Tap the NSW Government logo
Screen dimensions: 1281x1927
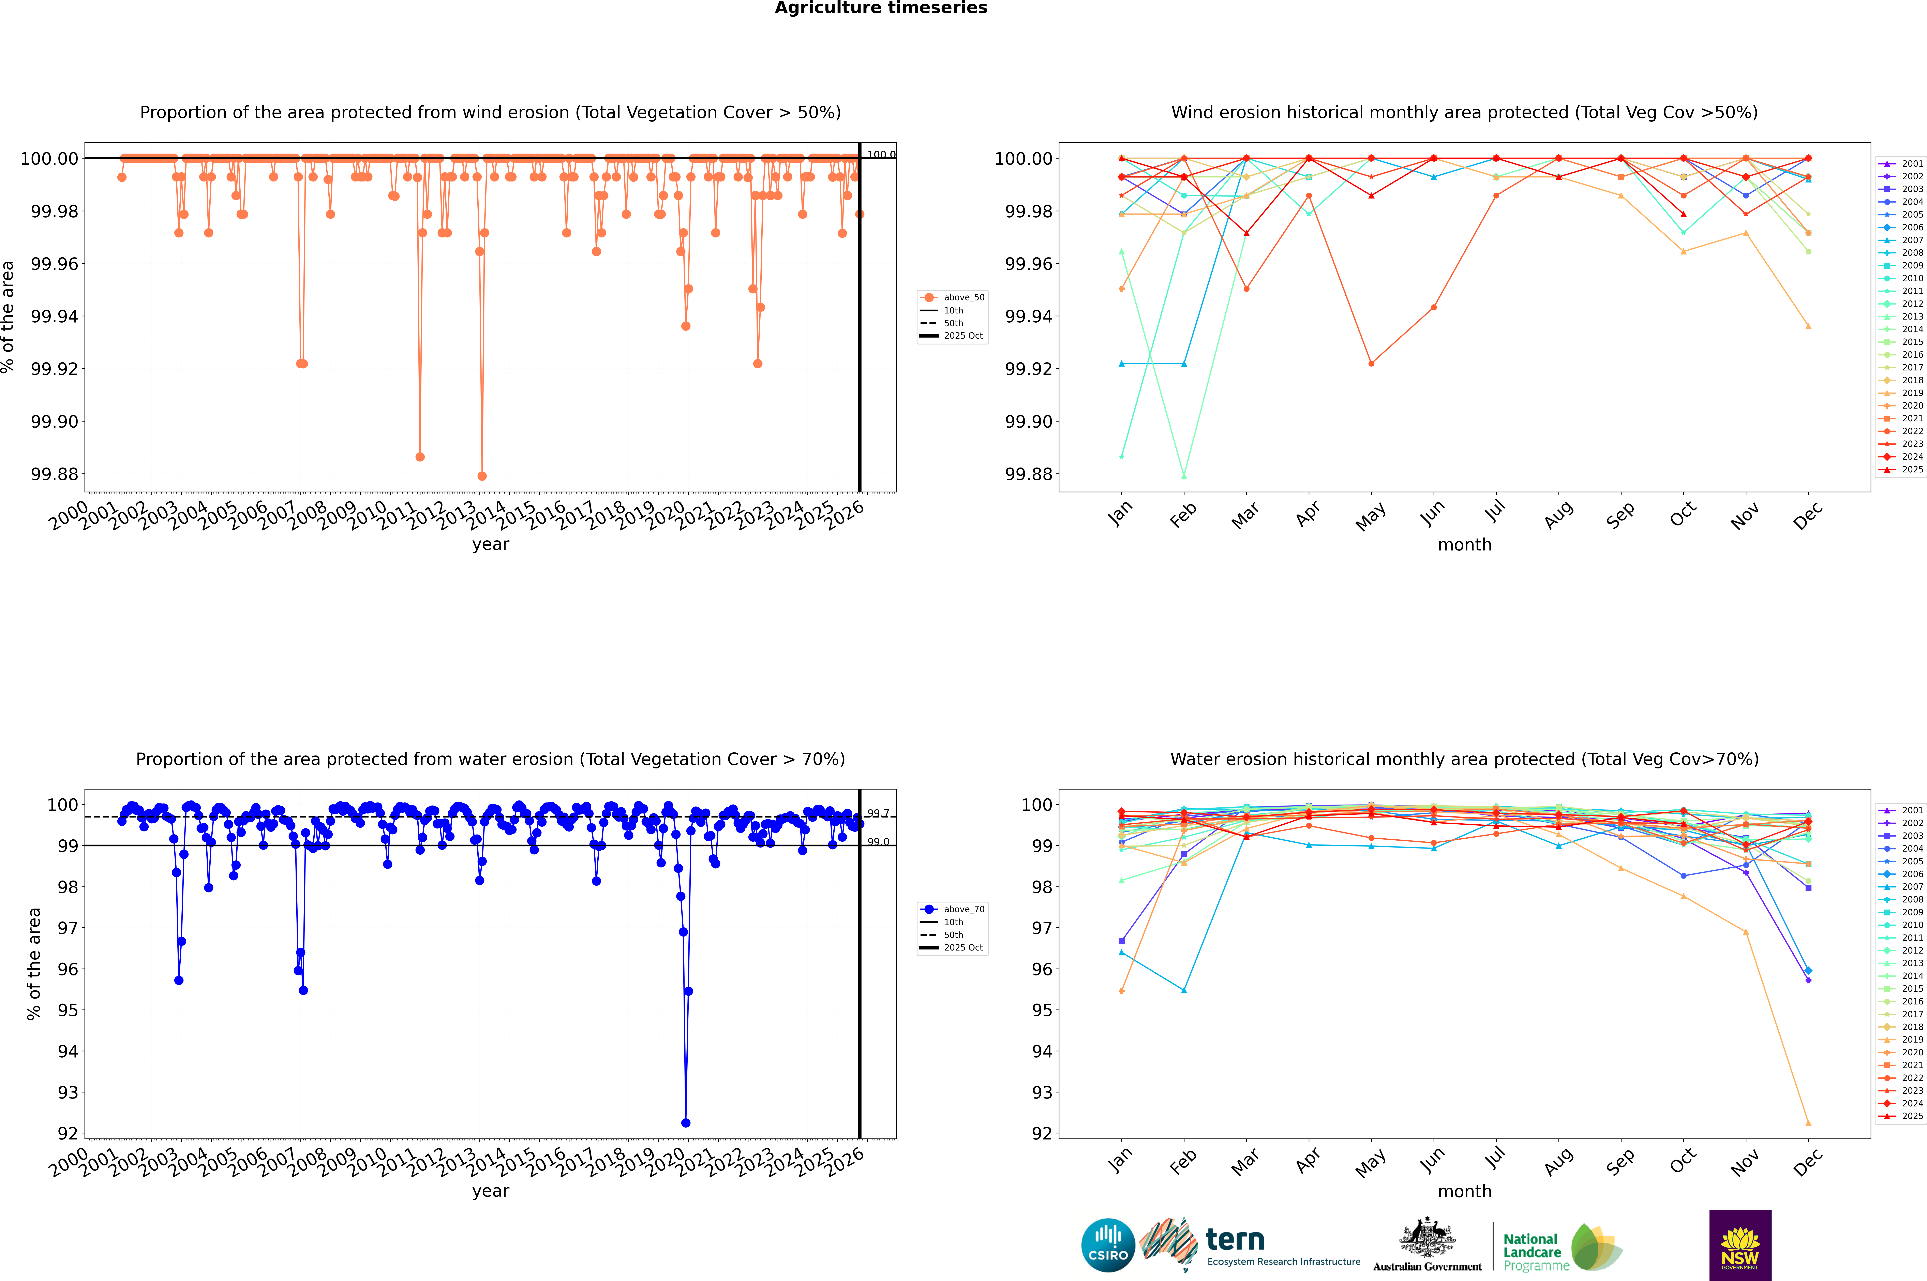(x=1740, y=1245)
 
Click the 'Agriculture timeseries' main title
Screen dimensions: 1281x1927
(x=881, y=8)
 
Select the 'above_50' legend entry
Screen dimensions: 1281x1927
(x=953, y=297)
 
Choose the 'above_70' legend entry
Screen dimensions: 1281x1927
(x=953, y=909)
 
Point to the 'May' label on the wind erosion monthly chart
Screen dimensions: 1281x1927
(x=1371, y=516)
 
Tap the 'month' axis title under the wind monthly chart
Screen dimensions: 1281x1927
(x=1464, y=545)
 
